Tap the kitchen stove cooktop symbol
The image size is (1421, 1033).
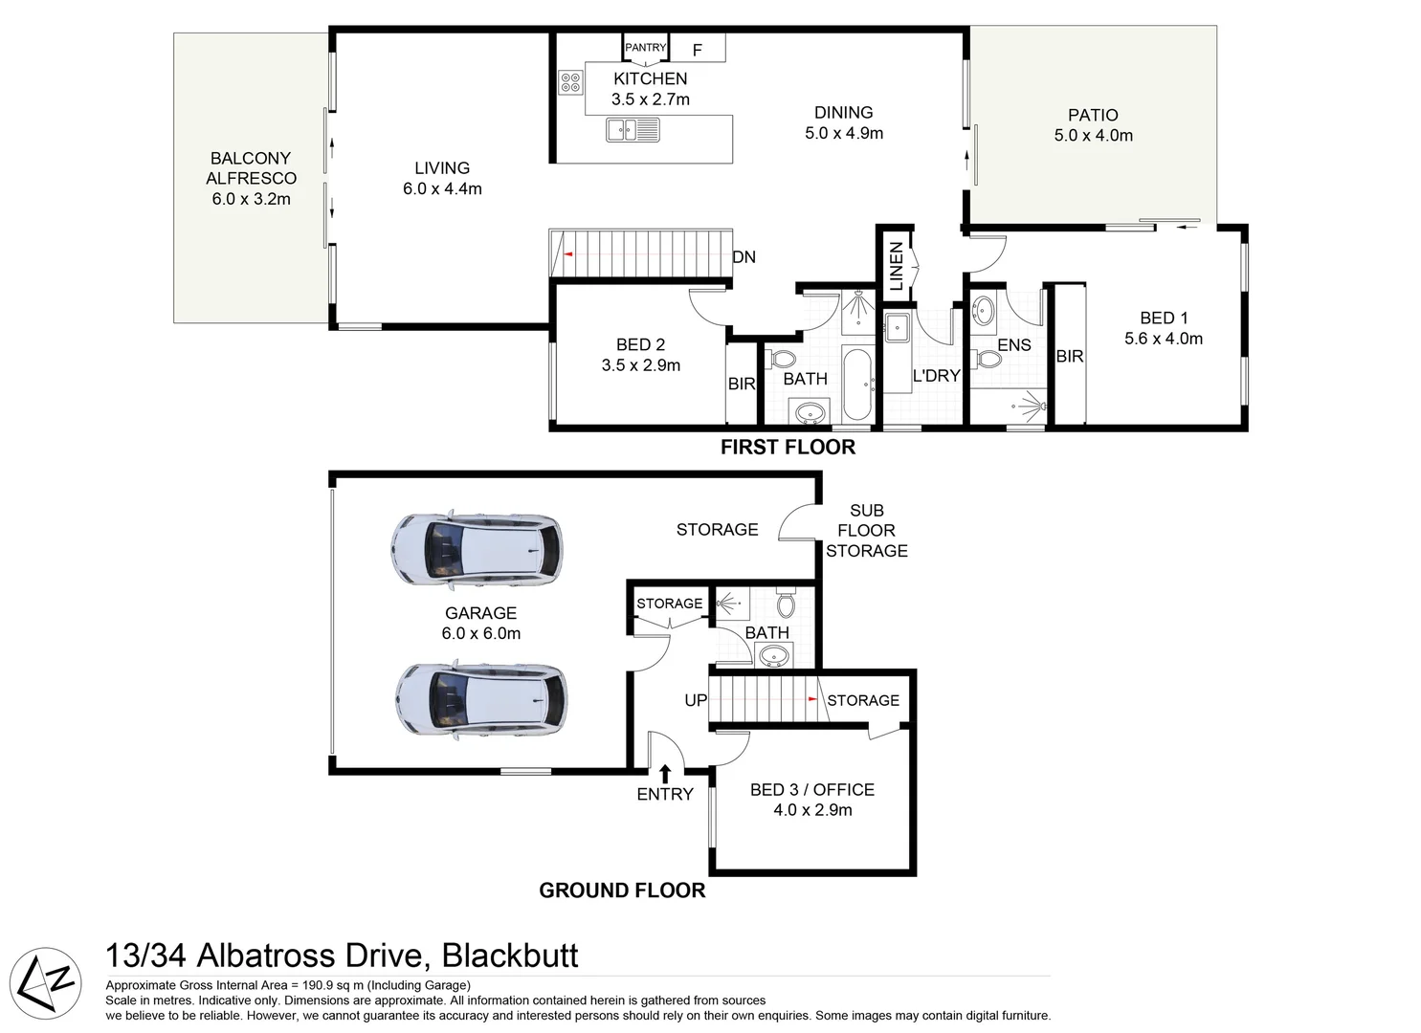point(571,82)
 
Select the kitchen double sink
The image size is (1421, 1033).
point(633,129)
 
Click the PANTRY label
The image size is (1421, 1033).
point(645,48)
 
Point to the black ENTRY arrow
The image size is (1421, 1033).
point(665,773)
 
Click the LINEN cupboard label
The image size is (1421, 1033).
point(897,266)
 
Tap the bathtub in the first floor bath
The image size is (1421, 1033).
point(856,383)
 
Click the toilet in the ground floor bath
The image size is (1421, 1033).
point(786,603)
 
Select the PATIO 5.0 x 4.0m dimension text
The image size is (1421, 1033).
point(1093,136)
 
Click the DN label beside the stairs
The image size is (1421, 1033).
point(744,257)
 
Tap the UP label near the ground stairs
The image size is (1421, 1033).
point(696,700)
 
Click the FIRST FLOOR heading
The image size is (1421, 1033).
point(788,447)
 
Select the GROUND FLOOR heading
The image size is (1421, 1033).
point(622,890)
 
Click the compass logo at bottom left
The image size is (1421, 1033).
point(50,981)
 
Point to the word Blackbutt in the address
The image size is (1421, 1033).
point(509,956)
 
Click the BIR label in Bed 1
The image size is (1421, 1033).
point(1069,357)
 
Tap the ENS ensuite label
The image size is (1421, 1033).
point(1014,345)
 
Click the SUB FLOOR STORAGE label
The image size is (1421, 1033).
point(867,531)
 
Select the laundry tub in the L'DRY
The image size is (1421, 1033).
point(899,327)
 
